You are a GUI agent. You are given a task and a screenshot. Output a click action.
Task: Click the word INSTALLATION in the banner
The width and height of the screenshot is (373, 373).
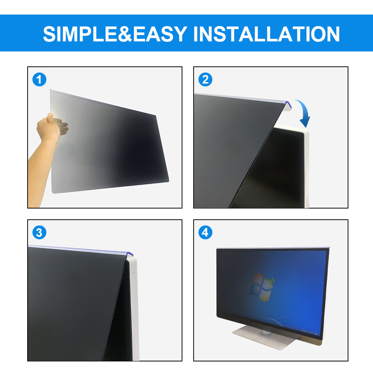[267, 34]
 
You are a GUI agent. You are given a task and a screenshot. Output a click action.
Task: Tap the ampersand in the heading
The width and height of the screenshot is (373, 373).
[125, 34]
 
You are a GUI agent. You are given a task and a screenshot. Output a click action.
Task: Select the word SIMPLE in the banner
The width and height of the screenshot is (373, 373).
[80, 34]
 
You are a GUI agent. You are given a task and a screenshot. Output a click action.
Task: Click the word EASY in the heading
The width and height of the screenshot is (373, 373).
[160, 34]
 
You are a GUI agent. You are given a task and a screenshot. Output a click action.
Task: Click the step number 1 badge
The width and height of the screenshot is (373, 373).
[39, 79]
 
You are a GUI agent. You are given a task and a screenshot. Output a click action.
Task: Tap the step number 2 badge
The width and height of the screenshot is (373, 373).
[205, 79]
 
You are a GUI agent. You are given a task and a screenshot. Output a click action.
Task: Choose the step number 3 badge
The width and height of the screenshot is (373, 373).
[39, 232]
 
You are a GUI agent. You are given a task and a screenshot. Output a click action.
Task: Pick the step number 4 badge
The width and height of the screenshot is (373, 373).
[205, 232]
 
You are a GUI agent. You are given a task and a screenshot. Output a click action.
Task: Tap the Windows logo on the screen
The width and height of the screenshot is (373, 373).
[261, 287]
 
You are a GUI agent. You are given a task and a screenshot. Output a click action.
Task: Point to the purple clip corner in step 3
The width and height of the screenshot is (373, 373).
[129, 254]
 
